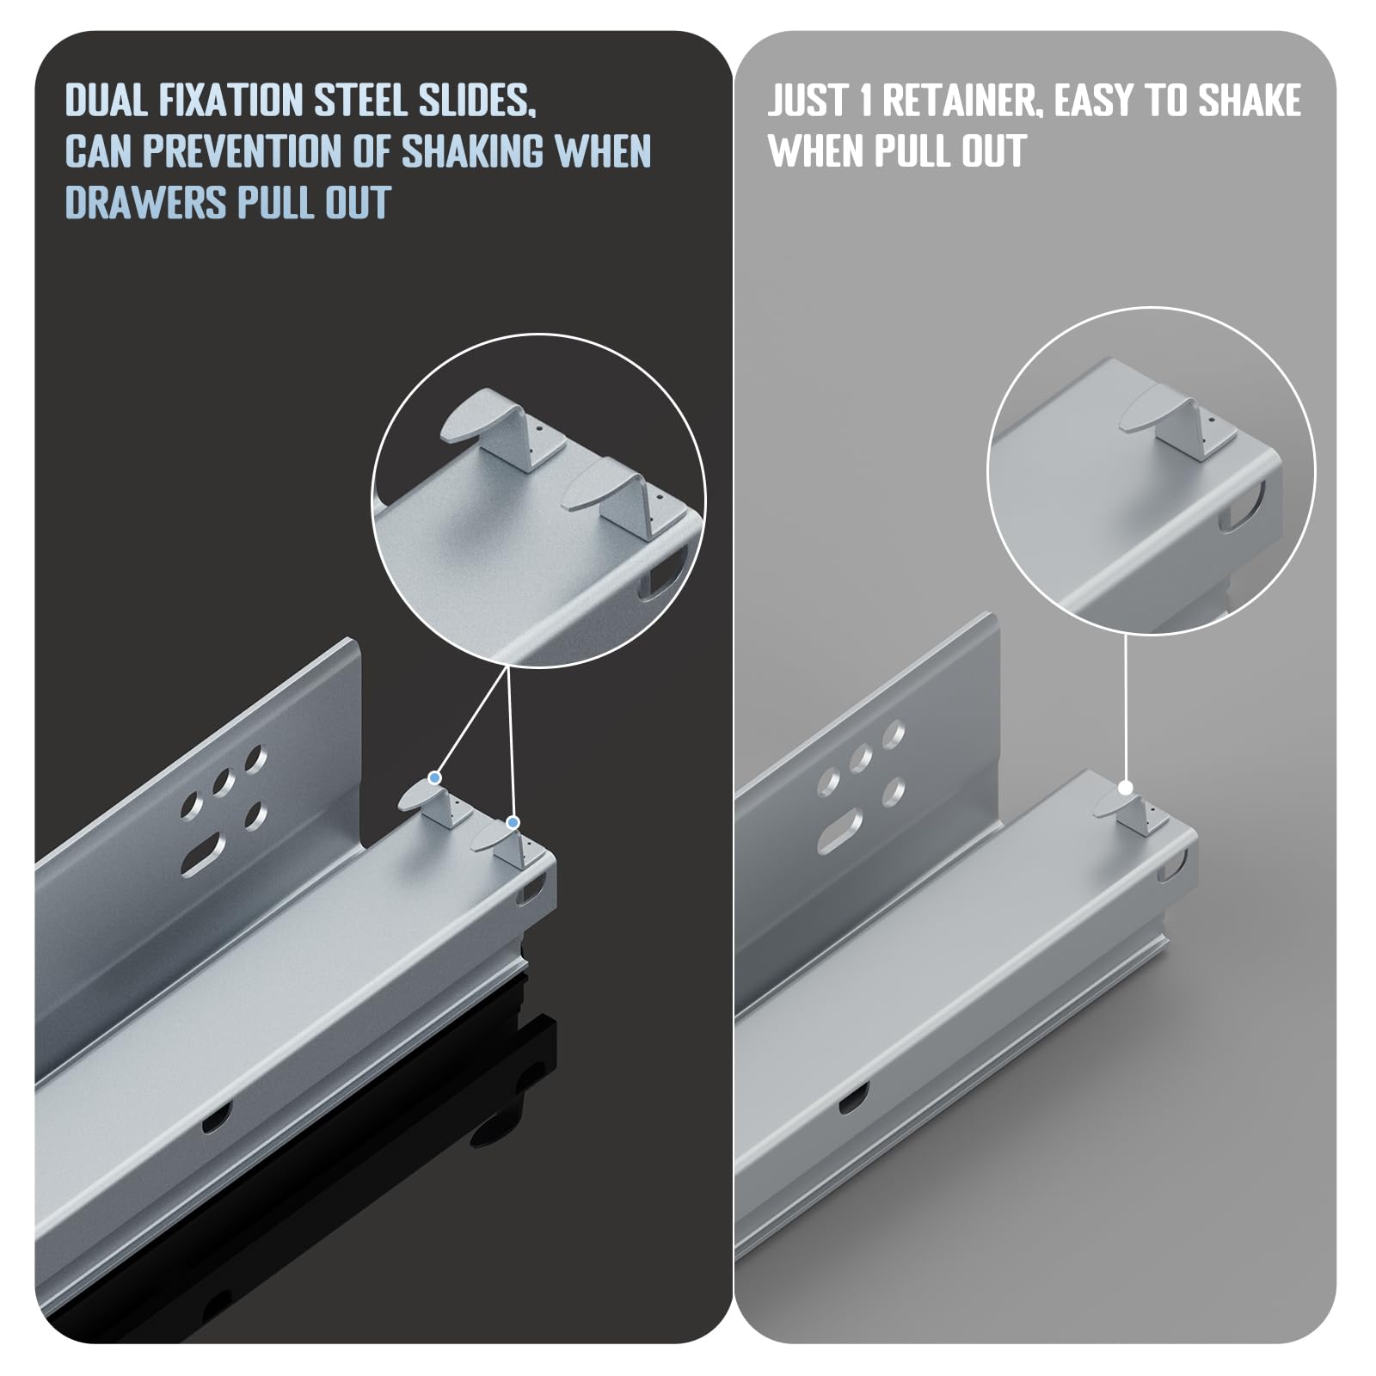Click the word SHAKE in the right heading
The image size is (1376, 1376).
coord(1250,101)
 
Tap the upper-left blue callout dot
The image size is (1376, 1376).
coord(434,777)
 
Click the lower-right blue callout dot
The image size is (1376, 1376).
coord(513,823)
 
